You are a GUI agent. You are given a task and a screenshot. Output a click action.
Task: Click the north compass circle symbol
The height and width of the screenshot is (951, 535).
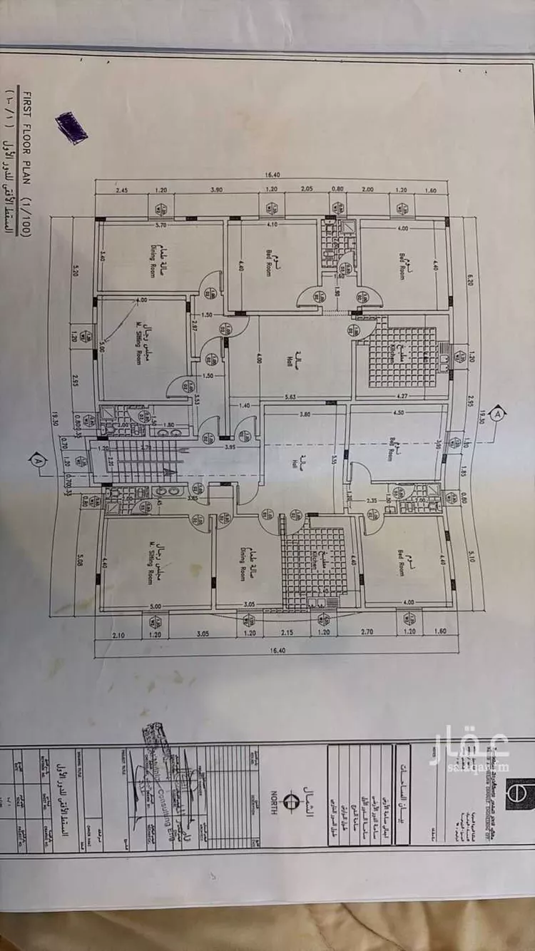(290, 800)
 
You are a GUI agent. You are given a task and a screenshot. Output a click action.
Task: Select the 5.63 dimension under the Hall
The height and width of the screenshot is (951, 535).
(290, 397)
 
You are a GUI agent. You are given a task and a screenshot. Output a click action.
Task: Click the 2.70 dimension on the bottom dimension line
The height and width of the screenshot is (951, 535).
(367, 632)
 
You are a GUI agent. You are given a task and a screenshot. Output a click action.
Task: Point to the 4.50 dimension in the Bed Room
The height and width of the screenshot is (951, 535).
(397, 412)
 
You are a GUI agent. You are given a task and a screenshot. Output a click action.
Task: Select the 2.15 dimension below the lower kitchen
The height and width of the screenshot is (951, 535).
(286, 632)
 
